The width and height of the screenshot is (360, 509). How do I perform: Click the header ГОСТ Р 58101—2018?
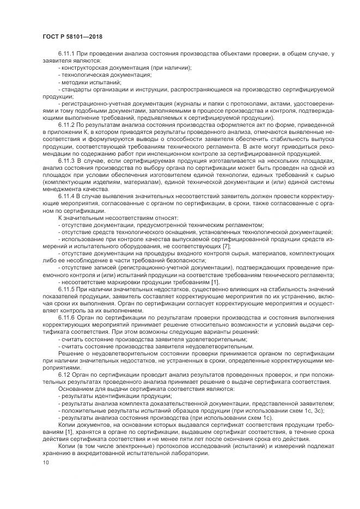pyautogui.click(x=72, y=36)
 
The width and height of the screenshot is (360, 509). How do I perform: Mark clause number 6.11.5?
pyautogui.click(x=68, y=289)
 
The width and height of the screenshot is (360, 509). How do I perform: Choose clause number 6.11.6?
pyautogui.click(x=68, y=317)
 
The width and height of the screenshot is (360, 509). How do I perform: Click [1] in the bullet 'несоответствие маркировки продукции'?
pyautogui.click(x=215, y=282)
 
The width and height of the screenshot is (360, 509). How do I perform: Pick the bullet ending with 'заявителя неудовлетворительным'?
pyautogui.click(x=156, y=346)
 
